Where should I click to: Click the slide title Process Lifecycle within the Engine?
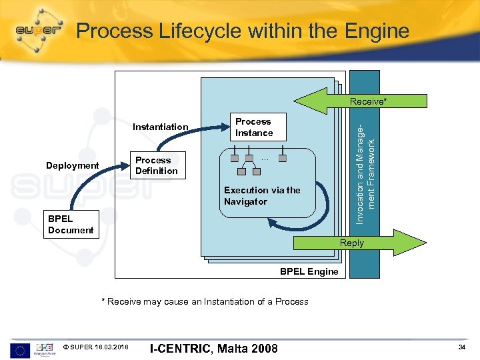(x=242, y=31)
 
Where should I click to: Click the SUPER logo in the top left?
(x=41, y=31)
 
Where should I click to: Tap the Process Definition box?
(x=156, y=166)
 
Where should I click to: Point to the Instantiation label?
(x=160, y=127)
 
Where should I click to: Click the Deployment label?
(x=72, y=166)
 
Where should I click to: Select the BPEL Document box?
(x=71, y=225)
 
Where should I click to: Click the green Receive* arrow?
(x=360, y=101)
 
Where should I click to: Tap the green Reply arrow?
(x=360, y=243)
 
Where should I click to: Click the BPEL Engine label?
(x=309, y=272)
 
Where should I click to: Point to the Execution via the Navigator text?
(x=262, y=196)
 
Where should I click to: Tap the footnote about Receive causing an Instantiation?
(x=205, y=302)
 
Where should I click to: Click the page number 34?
(x=462, y=347)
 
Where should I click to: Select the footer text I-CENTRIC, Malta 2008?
(x=213, y=348)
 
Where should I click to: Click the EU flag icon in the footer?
(x=19, y=349)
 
